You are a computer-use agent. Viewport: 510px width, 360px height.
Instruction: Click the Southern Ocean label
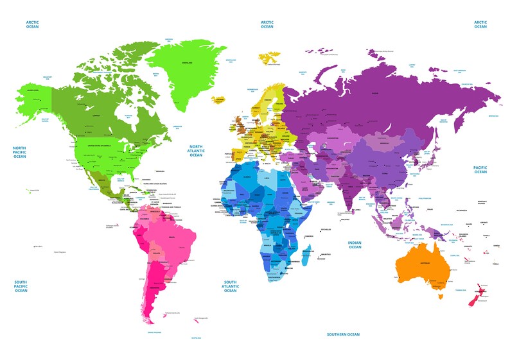tap(342, 334)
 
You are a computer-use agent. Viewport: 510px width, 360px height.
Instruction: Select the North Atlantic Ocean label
tap(196, 150)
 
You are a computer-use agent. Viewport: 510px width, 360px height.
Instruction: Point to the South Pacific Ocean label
tap(21, 286)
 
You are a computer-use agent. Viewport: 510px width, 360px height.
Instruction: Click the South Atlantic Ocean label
tap(230, 286)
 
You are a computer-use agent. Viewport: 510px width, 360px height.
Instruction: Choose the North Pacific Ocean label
tap(20, 152)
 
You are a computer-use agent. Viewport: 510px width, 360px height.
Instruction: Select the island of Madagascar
tap(307, 259)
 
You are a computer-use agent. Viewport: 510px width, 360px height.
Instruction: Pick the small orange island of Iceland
tap(220, 99)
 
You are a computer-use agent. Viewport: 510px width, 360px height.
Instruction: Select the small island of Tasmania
tap(440, 296)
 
